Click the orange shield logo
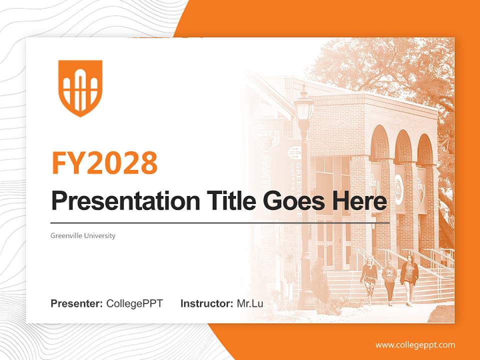click(x=80, y=88)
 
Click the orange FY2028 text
click(x=104, y=162)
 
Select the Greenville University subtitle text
click(x=83, y=235)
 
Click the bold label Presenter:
click(x=77, y=303)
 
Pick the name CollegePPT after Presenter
click(x=134, y=303)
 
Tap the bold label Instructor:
click(x=206, y=303)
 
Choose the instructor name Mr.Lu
click(x=250, y=303)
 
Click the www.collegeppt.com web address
click(x=415, y=345)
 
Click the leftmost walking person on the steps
click(x=369, y=279)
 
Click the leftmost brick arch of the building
click(x=380, y=145)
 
